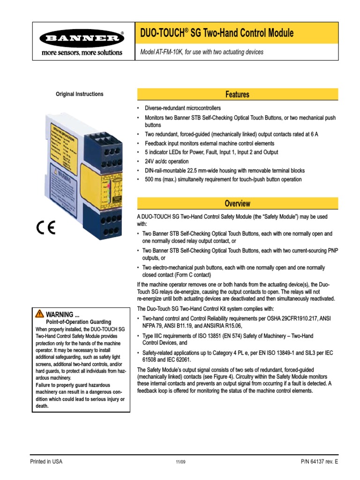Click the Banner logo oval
pos(82,39)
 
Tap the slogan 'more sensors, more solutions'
pos(82,52)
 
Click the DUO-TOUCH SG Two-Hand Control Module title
pos(217,33)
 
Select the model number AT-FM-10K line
pos(202,52)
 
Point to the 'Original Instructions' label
pos(80,94)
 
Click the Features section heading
pos(237,95)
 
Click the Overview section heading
pos(237,204)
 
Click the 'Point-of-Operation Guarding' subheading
pos(78,322)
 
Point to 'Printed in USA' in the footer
pos(46,462)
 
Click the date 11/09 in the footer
pos(180,462)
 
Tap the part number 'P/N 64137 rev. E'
pos(319,462)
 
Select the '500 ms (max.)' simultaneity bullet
pos(223,180)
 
